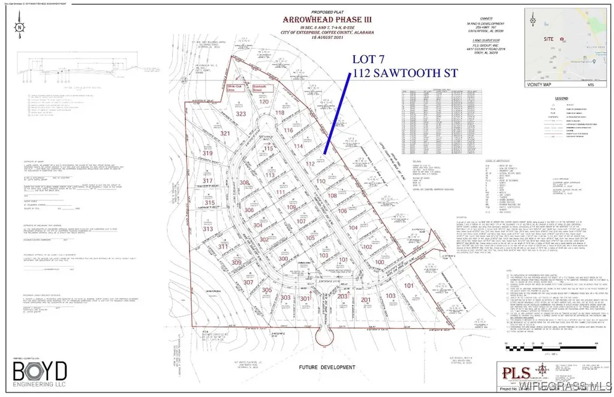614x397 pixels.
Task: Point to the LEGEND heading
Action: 561,97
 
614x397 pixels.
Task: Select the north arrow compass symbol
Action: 20,28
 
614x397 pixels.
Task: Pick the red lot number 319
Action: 208,154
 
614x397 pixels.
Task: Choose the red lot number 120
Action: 263,102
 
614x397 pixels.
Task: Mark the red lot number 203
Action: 342,296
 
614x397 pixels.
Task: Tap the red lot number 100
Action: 380,261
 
